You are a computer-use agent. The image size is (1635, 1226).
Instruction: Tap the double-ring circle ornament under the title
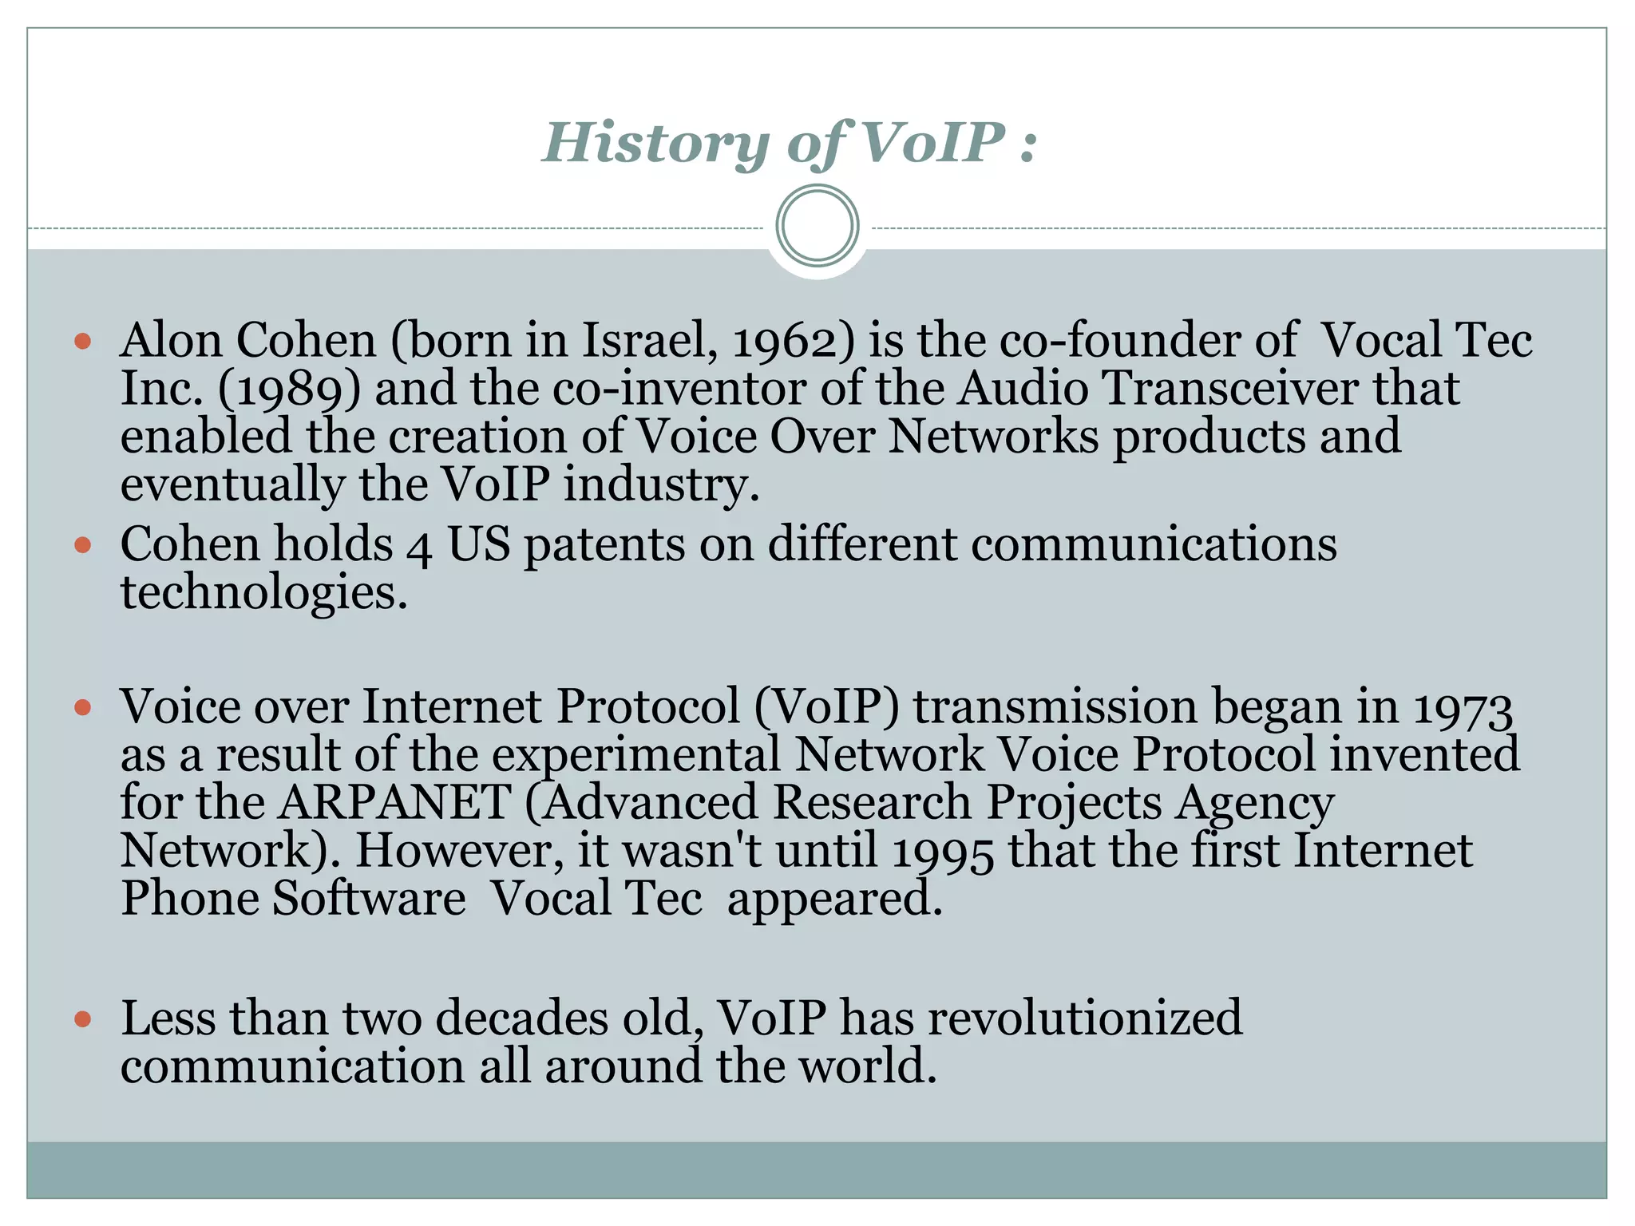point(817,226)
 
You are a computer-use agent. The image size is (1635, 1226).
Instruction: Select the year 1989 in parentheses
point(289,390)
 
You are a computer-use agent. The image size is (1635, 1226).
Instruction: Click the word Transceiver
point(1230,389)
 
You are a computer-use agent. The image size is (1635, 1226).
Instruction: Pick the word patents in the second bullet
point(604,545)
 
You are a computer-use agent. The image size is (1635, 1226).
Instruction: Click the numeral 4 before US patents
point(419,548)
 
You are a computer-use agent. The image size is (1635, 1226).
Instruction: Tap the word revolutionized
point(1085,1018)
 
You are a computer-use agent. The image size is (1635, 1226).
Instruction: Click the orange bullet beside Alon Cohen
point(83,342)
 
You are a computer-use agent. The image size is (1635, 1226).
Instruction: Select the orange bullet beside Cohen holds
point(83,545)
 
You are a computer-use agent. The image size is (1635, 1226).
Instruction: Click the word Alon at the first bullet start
point(171,340)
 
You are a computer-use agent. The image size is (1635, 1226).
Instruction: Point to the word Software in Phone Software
point(369,898)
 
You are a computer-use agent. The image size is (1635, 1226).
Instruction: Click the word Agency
point(1254,803)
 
